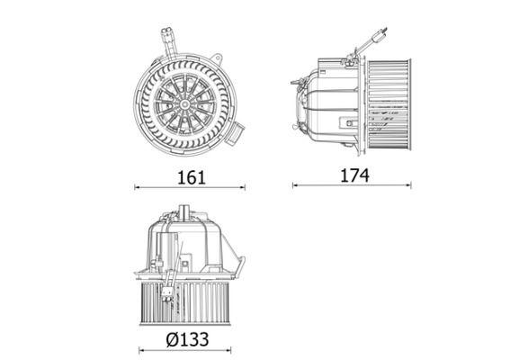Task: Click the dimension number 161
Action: tap(191, 176)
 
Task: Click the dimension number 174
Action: tap(354, 175)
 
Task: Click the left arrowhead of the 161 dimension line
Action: tap(137, 187)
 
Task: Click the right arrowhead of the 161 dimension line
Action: tap(244, 187)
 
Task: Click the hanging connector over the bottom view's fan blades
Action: tap(168, 290)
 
